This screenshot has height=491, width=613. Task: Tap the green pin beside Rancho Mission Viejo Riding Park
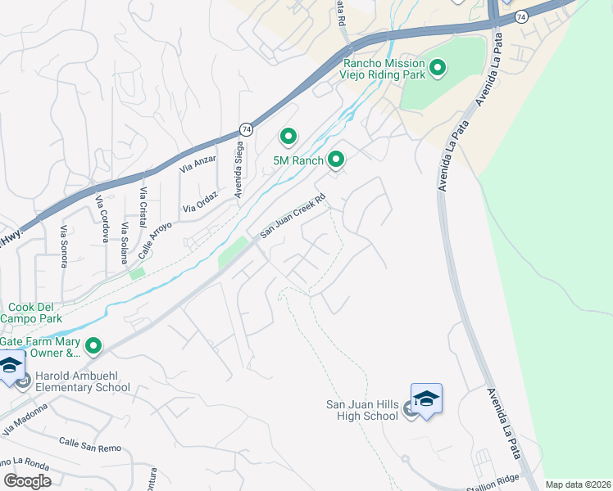(437, 67)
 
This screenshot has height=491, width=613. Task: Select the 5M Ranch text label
(299, 161)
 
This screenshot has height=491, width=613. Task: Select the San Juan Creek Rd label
(293, 216)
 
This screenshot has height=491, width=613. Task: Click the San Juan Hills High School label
(362, 410)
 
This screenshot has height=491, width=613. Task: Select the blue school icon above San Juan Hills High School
(425, 399)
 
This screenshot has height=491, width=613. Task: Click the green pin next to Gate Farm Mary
(93, 347)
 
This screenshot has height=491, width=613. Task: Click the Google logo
(27, 481)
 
